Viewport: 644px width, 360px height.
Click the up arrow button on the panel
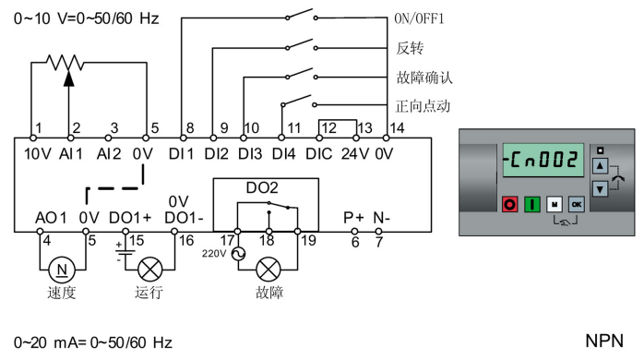click(600, 166)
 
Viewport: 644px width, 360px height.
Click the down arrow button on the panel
click(600, 188)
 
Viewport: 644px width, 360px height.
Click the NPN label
click(604, 341)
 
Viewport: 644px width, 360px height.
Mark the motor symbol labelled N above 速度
click(64, 270)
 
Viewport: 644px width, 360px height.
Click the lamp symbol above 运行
click(149, 270)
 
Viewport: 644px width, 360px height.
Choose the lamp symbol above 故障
click(268, 270)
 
